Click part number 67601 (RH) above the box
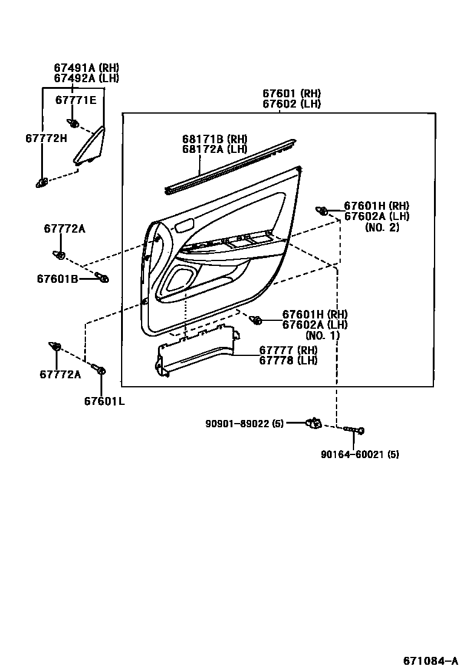291,94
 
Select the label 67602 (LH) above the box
291,104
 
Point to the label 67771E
76,100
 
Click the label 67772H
46,138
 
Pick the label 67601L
104,401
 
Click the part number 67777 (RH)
288,351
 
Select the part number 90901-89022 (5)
244,424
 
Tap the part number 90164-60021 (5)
360,454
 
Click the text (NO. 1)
323,335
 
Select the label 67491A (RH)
87,68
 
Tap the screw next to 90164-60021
353,430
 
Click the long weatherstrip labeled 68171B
230,166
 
